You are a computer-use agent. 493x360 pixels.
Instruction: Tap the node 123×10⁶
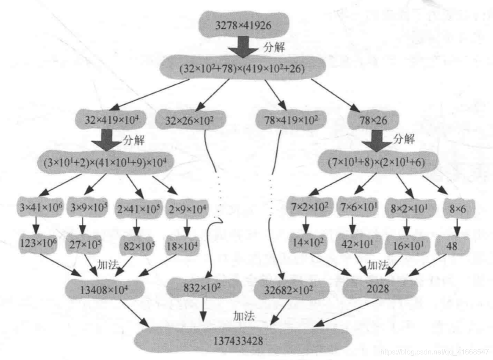click(x=40, y=244)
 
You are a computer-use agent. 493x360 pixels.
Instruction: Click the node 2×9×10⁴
click(x=187, y=207)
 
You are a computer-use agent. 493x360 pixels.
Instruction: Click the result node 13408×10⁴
click(x=105, y=290)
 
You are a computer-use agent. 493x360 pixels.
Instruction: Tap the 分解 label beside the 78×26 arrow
click(x=403, y=139)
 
